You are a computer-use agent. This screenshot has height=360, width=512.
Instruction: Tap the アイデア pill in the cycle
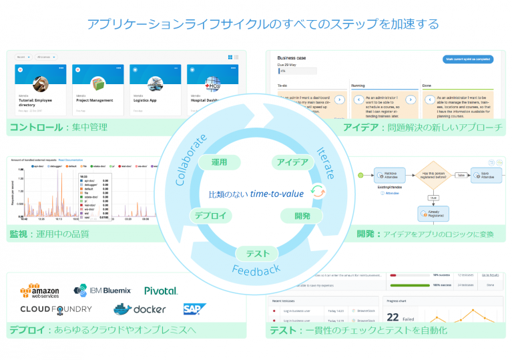point(292,163)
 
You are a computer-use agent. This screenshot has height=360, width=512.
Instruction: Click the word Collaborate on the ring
point(190,154)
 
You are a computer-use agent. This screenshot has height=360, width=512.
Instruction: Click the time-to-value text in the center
point(277,194)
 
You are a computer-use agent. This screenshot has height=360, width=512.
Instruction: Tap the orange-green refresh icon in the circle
point(318,192)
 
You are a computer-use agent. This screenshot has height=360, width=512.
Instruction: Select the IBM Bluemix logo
point(103,290)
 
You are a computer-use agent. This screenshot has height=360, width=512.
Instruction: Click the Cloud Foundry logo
point(56,309)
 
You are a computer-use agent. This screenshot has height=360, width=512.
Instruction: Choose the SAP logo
point(195,309)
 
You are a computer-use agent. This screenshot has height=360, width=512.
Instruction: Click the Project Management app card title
point(95,99)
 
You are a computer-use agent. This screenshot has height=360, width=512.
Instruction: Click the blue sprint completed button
point(468,59)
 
